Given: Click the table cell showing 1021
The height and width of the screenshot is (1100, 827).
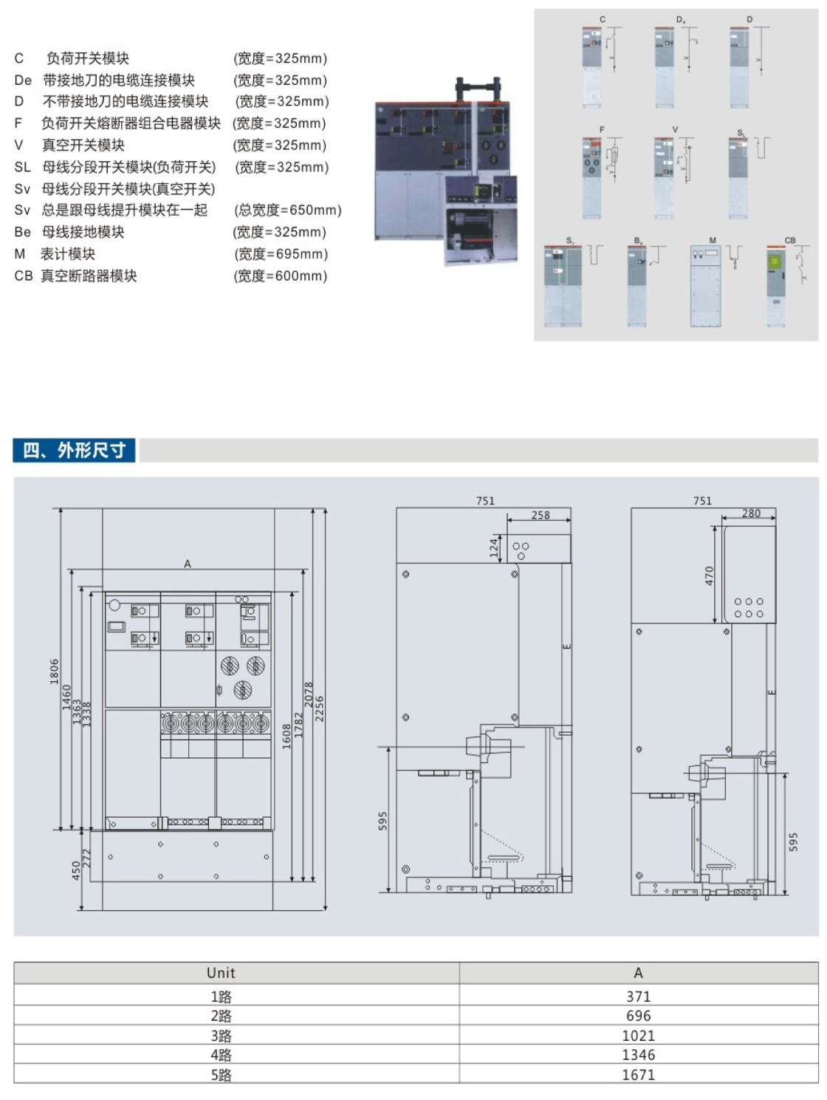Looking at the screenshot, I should click(x=638, y=1036).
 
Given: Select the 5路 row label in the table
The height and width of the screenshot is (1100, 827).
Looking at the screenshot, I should click(x=221, y=1075).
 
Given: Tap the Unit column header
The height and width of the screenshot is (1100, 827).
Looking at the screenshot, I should click(x=221, y=973).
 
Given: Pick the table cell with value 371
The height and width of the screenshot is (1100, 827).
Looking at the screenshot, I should click(x=638, y=997).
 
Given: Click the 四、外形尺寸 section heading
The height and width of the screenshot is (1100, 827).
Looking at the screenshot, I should click(x=74, y=450).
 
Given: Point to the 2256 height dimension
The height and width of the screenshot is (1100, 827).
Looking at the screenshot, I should click(x=320, y=708).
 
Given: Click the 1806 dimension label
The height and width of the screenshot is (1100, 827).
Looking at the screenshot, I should click(x=54, y=671).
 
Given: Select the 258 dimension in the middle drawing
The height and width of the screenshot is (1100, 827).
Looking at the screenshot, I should click(x=541, y=515).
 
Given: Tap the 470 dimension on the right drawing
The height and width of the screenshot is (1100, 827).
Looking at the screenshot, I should click(x=709, y=575).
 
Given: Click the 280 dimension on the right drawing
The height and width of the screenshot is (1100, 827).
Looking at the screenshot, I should click(x=751, y=513).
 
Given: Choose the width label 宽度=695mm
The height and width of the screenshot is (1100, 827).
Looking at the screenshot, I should click(x=281, y=254).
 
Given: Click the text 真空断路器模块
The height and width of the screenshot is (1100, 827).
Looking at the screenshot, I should click(x=89, y=276).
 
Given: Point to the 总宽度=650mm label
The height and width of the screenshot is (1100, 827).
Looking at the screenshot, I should click(x=288, y=211).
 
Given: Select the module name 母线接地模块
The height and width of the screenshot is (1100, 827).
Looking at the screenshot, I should click(x=83, y=232).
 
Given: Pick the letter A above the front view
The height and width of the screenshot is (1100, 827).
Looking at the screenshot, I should click(x=188, y=564).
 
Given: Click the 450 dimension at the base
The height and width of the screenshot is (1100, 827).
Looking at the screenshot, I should click(x=76, y=870).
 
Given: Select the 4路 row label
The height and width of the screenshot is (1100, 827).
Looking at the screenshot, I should click(x=221, y=1055).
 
